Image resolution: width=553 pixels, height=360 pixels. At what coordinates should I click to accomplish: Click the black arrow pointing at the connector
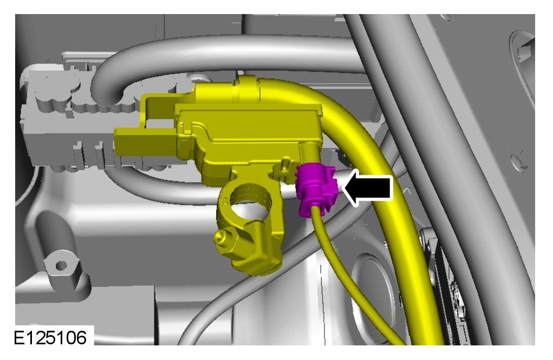click(x=368, y=187)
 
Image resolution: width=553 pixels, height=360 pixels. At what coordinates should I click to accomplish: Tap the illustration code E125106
click(x=50, y=338)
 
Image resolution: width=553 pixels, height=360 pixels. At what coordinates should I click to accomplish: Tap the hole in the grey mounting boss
click(x=61, y=265)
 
